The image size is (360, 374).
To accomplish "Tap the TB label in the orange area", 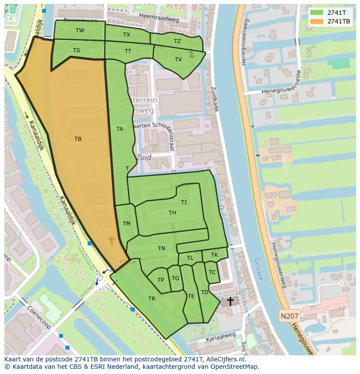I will [78, 139].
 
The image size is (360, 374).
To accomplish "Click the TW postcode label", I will [80, 30].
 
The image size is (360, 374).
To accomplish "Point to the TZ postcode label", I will [177, 41].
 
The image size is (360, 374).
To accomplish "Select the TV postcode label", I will [178, 60].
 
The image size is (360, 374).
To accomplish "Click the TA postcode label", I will [120, 129].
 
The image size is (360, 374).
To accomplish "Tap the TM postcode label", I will [127, 224].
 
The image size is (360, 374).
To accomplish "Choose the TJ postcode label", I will [183, 202].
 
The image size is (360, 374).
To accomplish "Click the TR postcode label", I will [152, 299].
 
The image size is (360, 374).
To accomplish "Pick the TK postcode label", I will [214, 255].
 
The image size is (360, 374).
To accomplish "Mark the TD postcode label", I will [204, 292].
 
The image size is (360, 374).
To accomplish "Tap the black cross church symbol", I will [230, 301].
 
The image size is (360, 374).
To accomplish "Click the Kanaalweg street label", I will [221, 337].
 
